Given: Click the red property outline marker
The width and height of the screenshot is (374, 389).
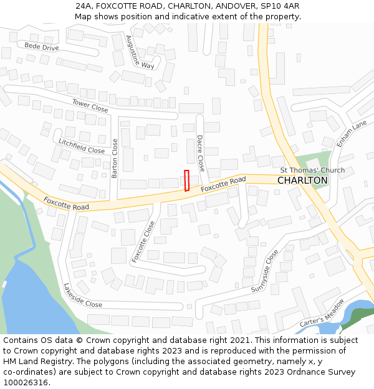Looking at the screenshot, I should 186,180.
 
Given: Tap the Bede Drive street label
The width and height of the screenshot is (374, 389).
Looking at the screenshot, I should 42,47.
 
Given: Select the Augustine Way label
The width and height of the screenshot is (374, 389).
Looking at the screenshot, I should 140,52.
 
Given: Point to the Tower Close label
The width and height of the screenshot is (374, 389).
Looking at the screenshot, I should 90,105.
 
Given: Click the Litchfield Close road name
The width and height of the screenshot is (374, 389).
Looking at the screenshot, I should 82,146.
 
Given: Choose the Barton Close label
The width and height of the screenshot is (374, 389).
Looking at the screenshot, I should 115,158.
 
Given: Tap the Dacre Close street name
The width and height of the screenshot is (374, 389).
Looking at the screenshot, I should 200,153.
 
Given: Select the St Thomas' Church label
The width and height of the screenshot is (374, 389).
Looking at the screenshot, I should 312,170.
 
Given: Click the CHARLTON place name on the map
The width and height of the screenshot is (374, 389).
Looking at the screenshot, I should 302,180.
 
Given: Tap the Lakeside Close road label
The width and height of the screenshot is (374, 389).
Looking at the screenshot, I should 83,296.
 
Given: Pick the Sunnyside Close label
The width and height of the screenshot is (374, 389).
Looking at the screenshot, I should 264,271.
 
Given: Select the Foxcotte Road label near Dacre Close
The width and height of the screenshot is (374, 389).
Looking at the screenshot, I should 223,184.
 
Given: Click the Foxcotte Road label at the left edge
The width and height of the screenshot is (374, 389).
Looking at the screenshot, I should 66,204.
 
